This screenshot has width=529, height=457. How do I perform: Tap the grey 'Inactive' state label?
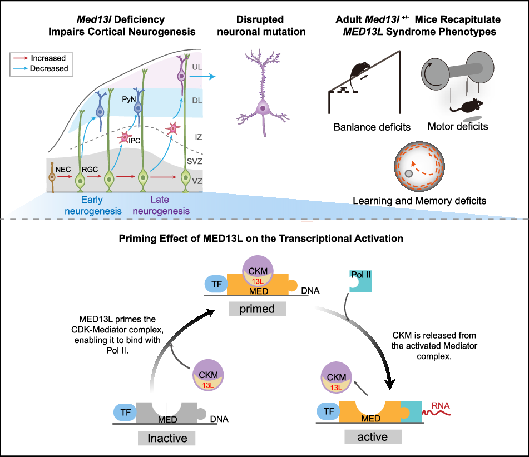(167, 438)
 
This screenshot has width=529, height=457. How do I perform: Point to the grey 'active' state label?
(373, 436)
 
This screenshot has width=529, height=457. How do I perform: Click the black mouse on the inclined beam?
(357, 71)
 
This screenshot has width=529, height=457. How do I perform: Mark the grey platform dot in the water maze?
(409, 174)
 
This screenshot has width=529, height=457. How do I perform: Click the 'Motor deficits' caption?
(457, 126)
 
